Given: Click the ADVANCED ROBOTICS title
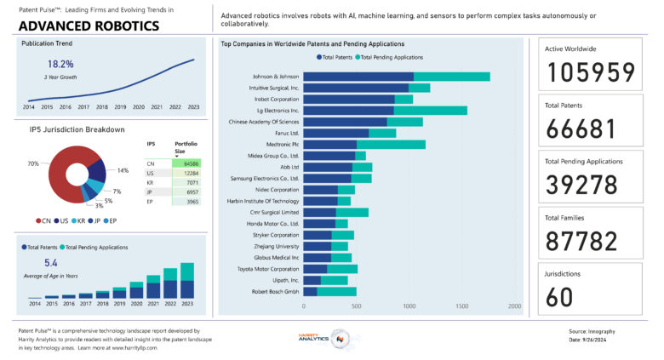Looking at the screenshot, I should [88, 26].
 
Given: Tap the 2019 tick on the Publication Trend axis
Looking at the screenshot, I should [120, 106].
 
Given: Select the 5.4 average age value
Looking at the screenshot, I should [51, 263].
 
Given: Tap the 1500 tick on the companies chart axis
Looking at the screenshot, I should [462, 306].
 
